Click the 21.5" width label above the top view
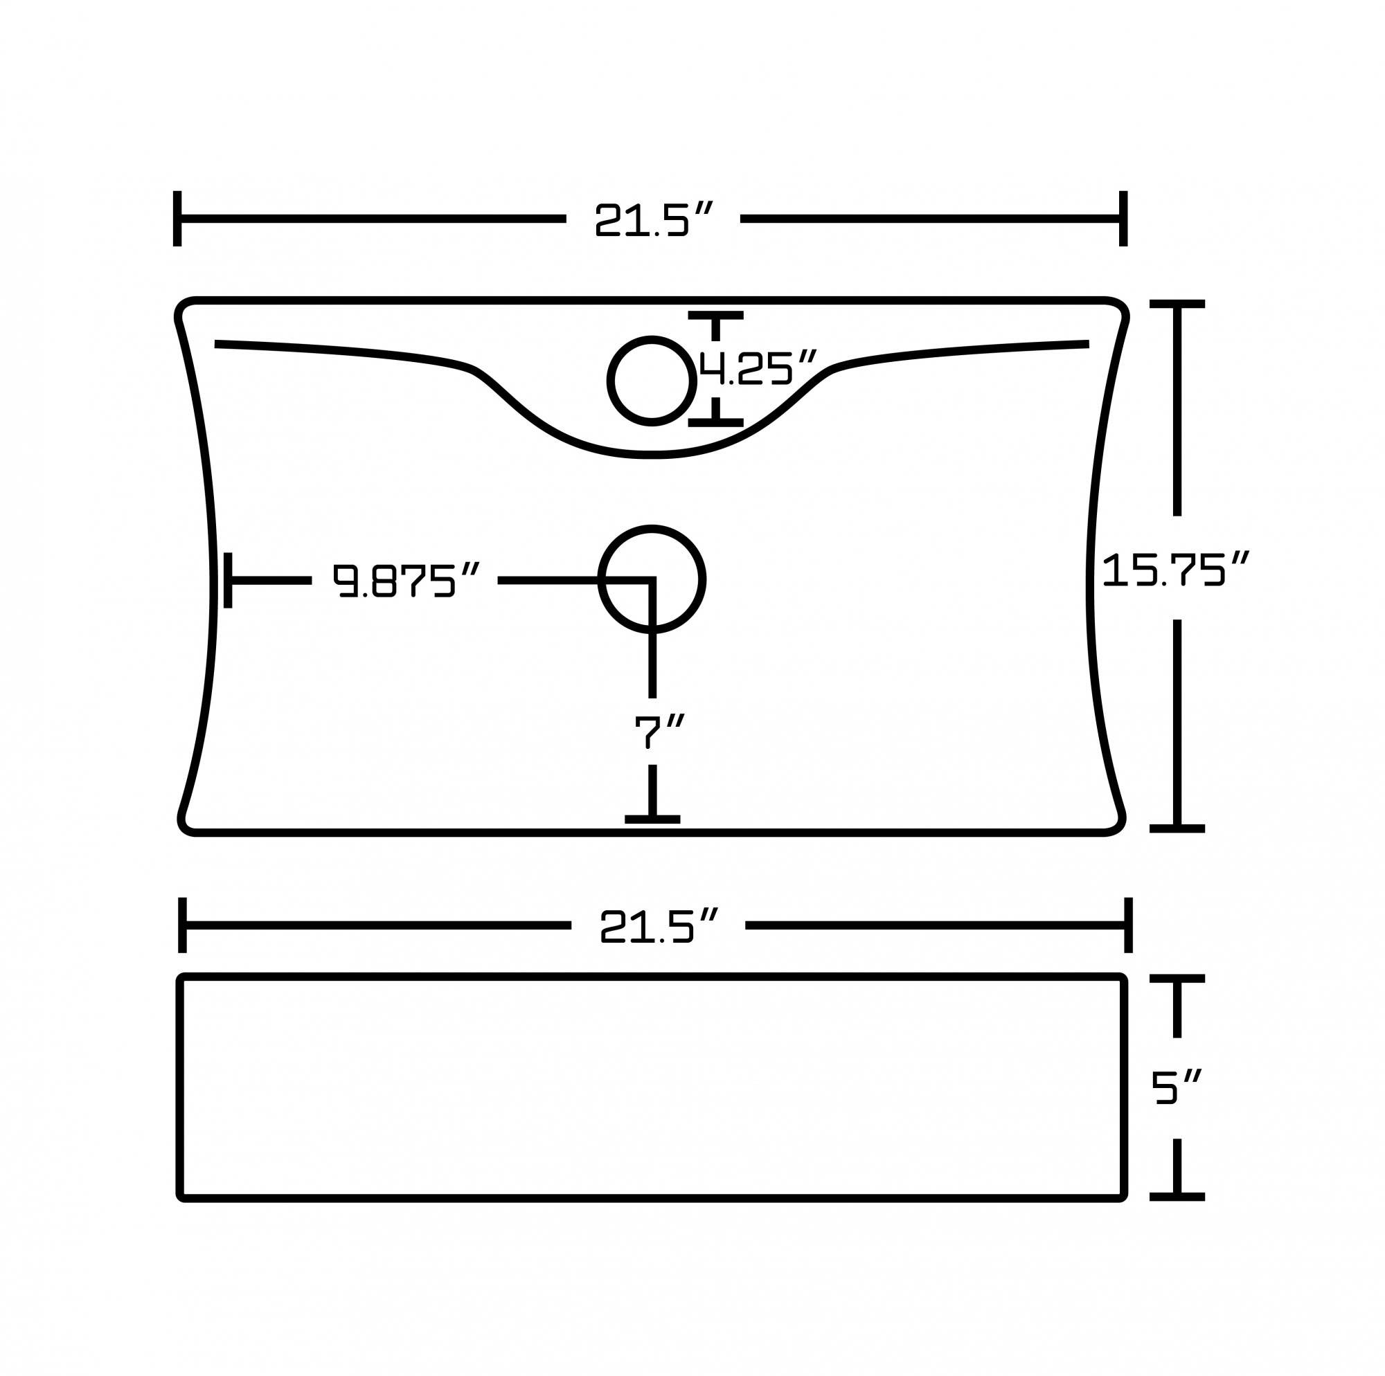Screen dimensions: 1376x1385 coord(653,219)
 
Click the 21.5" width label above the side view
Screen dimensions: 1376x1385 coord(658,926)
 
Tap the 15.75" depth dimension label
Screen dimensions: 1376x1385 coord(1176,570)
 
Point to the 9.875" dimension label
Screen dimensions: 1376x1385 coord(405,580)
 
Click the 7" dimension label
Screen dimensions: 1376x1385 coord(659,731)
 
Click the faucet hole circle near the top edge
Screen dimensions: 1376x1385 coord(652,381)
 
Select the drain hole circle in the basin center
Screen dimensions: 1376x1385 coord(652,579)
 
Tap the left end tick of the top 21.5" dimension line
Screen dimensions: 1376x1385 coord(177,219)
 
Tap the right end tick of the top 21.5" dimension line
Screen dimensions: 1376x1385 coord(1123,219)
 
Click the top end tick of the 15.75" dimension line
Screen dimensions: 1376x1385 coord(1177,304)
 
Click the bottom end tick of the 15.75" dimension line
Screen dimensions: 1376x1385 coord(1177,829)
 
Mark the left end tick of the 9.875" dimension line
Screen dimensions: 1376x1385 coord(228,580)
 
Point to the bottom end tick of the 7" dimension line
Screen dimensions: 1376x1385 coord(652,819)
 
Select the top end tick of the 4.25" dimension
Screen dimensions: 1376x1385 coord(715,316)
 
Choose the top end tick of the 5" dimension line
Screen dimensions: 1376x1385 coord(1177,978)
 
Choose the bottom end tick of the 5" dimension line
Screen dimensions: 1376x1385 coord(1177,1197)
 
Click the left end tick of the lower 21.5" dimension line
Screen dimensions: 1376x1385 coord(182,925)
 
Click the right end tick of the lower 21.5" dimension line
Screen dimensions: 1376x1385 coord(1128,925)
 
